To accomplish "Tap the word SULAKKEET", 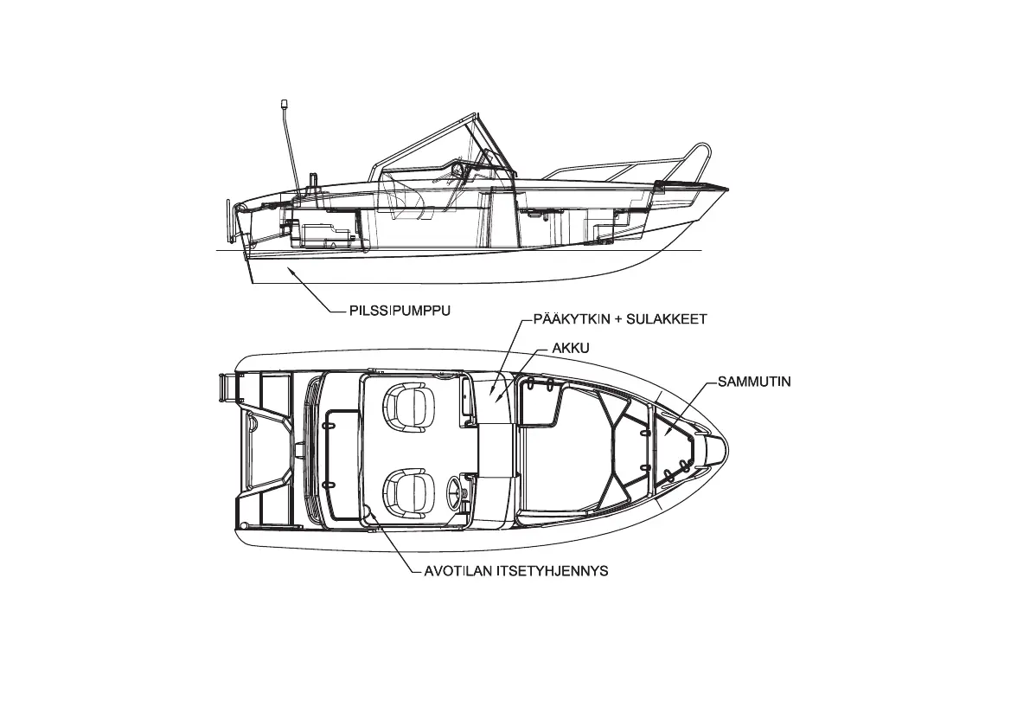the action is click(669, 319).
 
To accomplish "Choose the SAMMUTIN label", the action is click(754, 381).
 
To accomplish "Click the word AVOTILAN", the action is click(455, 571).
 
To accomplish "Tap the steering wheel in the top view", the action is click(455, 494).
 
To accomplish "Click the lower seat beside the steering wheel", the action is click(406, 490).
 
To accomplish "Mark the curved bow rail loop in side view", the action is click(702, 157).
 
